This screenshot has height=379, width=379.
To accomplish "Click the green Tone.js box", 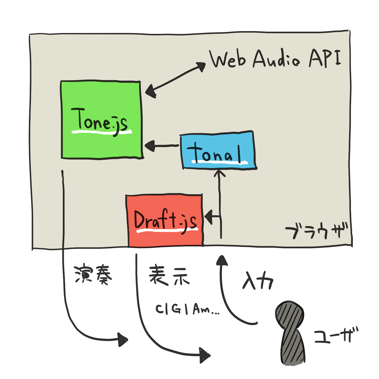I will click(x=101, y=120).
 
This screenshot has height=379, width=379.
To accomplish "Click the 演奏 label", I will click(x=93, y=274).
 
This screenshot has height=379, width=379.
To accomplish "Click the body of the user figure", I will click(x=293, y=348).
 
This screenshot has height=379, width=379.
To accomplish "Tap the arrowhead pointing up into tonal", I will click(x=219, y=173).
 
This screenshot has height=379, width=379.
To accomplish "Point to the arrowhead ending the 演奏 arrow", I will click(x=122, y=340).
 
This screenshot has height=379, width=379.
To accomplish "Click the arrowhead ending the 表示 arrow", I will click(x=204, y=356).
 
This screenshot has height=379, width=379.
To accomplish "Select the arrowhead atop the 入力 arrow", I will click(x=222, y=260).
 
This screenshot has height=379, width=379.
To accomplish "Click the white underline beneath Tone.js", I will click(x=102, y=132).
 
